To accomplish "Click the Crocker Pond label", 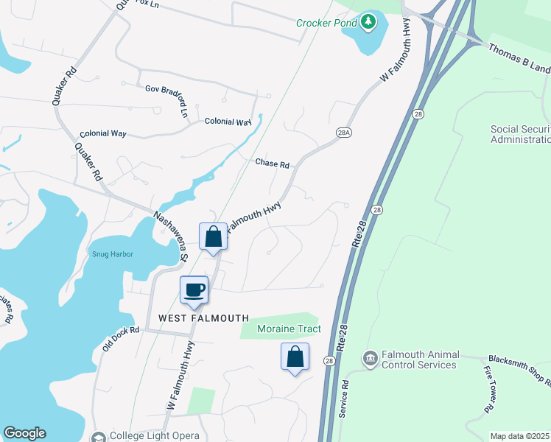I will click(326, 23).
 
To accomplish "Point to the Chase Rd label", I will click(273, 163).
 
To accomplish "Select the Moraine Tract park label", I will click(289, 329).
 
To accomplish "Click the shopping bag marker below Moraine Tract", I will click(295, 357).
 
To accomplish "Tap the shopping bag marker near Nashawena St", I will click(213, 237).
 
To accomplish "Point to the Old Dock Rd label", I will click(122, 340).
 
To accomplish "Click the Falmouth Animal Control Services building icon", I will click(370, 358).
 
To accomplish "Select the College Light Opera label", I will click(154, 436).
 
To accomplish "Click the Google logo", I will click(24, 433).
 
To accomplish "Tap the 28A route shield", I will click(343, 132).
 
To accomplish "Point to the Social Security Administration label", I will click(520, 134).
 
